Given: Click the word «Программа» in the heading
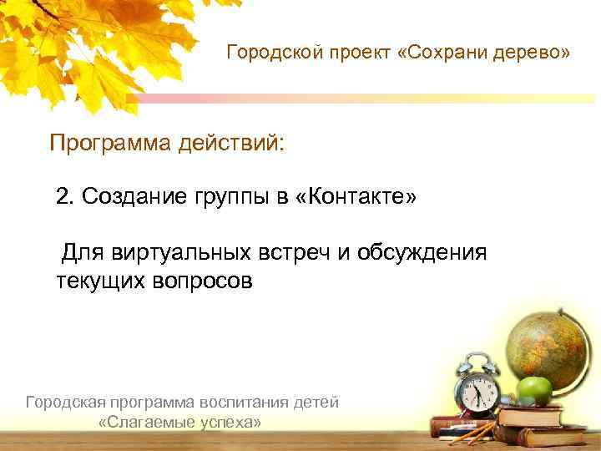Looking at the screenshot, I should point(109,143).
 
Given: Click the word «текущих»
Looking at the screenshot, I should point(100,281).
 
